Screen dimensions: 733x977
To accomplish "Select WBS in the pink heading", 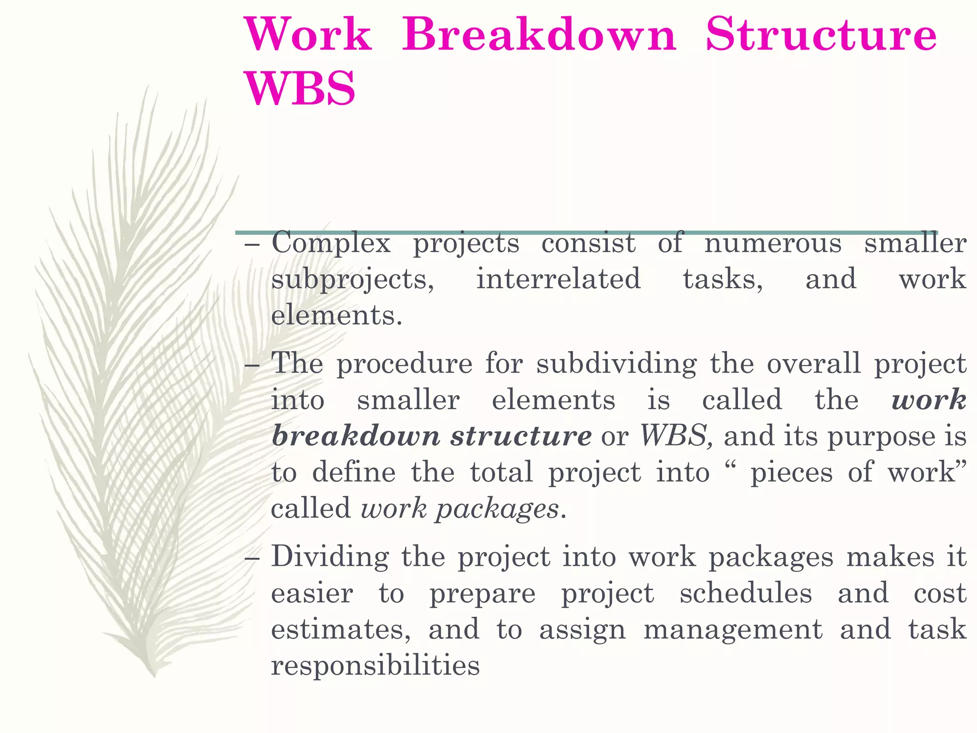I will pyautogui.click(x=300, y=89).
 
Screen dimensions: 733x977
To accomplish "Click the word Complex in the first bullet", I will pyautogui.click(x=331, y=243).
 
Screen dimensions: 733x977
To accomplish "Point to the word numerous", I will pyautogui.click(x=773, y=243).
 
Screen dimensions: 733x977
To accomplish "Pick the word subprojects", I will pyautogui.click(x=353, y=280).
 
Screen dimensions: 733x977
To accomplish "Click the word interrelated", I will pyautogui.click(x=558, y=279).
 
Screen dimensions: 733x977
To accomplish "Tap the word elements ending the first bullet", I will pyautogui.click(x=336, y=315).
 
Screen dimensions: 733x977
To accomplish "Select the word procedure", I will pyautogui.click(x=405, y=364).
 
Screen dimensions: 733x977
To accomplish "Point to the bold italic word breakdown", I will pyautogui.click(x=356, y=436).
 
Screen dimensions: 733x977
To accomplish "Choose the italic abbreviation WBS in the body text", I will pyautogui.click(x=673, y=436).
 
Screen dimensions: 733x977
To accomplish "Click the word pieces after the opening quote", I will pyautogui.click(x=791, y=472).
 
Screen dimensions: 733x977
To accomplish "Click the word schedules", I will pyautogui.click(x=746, y=594).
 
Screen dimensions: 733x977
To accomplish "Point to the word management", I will pyautogui.click(x=733, y=629).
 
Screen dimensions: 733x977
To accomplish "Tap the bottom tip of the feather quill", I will pyautogui.click(x=154, y=675).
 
